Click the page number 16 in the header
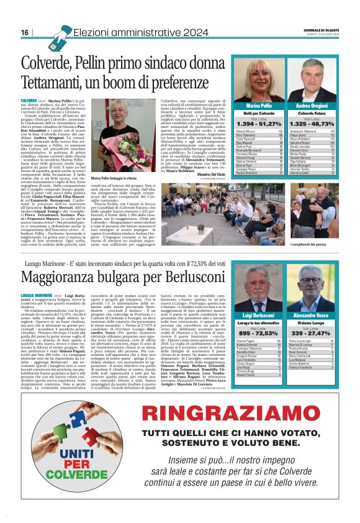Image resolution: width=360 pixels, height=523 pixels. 25,32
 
